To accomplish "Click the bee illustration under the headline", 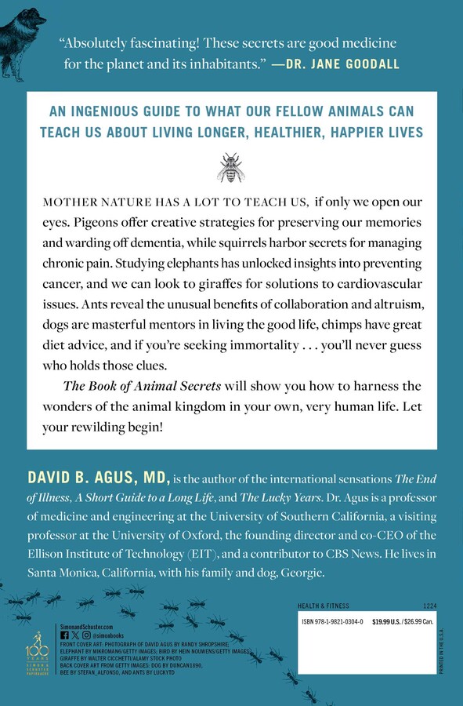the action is pos(231,166).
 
